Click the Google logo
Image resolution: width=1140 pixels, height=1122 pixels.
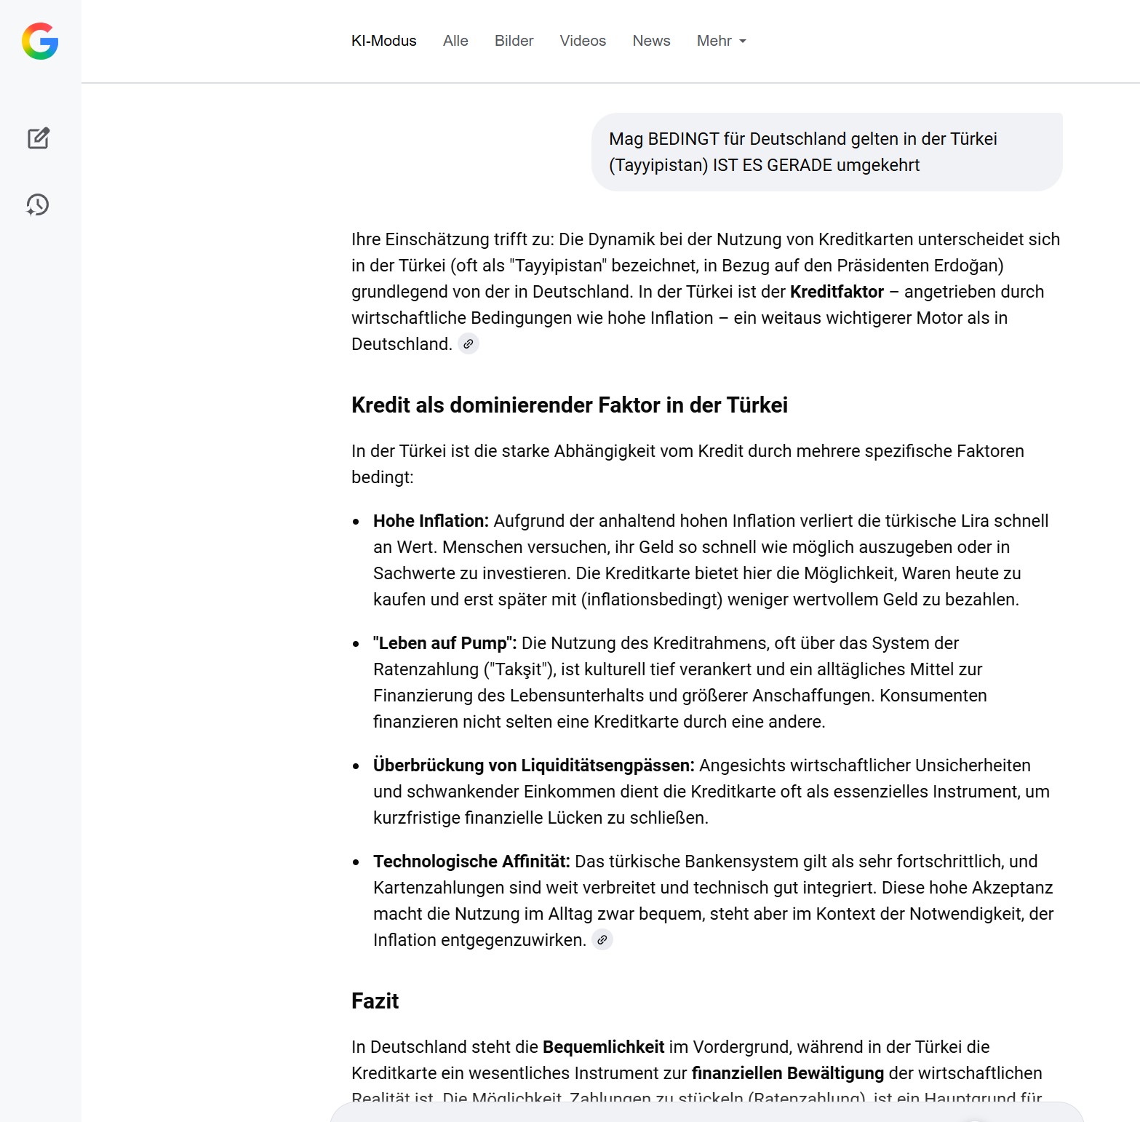pos(40,41)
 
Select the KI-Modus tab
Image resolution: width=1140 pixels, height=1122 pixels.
pos(383,41)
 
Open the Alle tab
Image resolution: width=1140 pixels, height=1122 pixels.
pos(455,41)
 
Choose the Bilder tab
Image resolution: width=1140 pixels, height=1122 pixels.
pos(514,41)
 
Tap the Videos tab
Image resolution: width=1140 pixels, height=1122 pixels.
pos(583,41)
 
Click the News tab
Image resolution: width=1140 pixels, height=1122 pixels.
pos(651,41)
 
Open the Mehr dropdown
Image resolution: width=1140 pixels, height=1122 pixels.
pos(721,41)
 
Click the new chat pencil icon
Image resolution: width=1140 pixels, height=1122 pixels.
pos(39,138)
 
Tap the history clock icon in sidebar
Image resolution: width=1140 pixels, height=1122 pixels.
pos(38,204)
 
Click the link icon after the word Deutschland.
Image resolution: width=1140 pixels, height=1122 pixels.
pos(469,344)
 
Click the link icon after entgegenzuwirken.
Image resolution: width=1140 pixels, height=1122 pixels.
pos(602,940)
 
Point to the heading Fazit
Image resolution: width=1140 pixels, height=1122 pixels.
pos(375,1001)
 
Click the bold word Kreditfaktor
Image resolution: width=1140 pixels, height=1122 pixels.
pos(837,292)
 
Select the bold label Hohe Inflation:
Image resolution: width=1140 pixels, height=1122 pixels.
pos(431,521)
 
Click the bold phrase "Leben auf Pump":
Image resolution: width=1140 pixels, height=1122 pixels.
pos(445,643)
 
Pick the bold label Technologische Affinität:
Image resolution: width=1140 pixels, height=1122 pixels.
pos(471,862)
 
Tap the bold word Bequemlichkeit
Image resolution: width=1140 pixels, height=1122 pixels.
pos(603,1047)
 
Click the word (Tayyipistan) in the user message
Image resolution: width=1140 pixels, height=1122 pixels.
pos(658,165)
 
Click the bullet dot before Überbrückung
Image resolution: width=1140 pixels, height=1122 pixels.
pos(356,766)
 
